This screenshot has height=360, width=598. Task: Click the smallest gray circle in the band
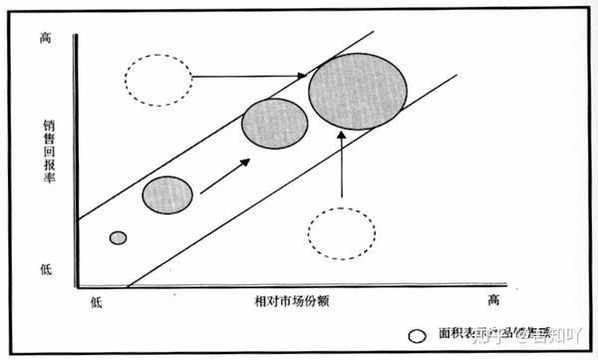coord(118,237)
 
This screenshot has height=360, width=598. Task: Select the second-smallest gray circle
coord(167,195)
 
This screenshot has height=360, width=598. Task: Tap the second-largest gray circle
coord(274,125)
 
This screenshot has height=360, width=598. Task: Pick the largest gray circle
coord(358,90)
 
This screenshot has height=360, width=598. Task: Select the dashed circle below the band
coord(342,233)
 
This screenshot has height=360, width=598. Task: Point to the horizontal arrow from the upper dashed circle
coord(249,76)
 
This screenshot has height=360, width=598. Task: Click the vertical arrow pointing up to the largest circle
coord(342,165)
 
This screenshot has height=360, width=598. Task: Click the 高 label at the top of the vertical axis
coord(44,38)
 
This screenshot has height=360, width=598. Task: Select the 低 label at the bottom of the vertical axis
coord(44,269)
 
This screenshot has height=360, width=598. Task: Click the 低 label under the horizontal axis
coord(96,300)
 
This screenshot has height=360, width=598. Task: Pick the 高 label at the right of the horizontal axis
coord(492,299)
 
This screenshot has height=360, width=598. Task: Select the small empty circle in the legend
coord(418,335)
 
